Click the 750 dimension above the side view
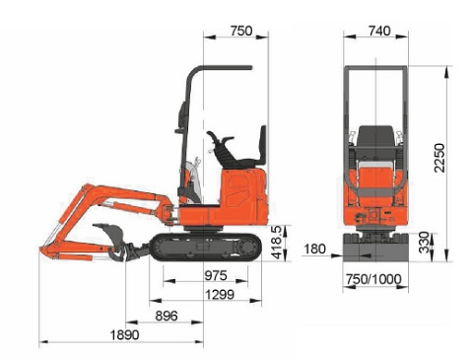[241, 31]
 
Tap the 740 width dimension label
[379, 31]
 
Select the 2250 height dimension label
[439, 158]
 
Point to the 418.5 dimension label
[276, 243]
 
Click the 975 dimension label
[216, 275]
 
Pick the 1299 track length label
[220, 295]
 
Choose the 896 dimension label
[167, 316]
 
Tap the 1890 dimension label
[124, 335]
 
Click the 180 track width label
[314, 250]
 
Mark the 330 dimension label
[424, 243]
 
